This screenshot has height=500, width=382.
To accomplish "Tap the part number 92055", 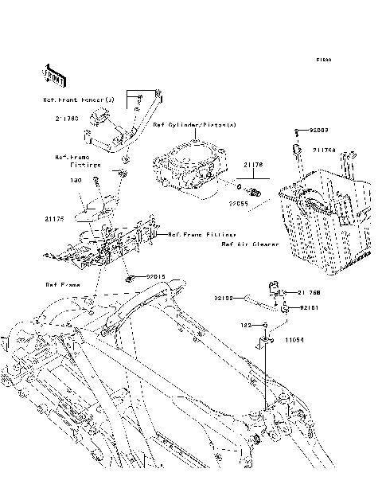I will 239,204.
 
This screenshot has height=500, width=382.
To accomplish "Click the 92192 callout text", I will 222,299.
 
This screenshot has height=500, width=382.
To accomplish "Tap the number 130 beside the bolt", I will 76,181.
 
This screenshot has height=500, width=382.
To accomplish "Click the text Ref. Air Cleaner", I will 250,244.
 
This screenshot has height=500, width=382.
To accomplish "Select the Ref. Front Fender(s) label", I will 79,100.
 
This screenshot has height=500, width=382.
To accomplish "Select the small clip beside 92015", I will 129,278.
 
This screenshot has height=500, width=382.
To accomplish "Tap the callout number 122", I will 248,326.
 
